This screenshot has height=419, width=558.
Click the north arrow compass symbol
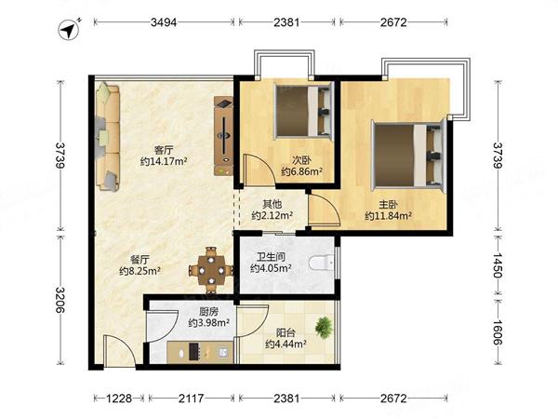(x=69, y=30)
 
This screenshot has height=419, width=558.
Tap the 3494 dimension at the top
(x=164, y=22)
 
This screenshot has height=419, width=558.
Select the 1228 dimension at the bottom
(x=119, y=398)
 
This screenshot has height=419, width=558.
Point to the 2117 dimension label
(x=191, y=398)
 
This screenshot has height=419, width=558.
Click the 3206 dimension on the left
(x=60, y=300)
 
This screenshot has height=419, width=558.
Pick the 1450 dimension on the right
(x=498, y=265)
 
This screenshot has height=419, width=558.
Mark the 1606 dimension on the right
(x=498, y=332)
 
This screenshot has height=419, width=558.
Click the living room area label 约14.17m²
(x=164, y=161)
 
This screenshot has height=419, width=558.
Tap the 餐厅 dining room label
(x=139, y=259)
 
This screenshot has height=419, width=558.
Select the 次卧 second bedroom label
(x=302, y=159)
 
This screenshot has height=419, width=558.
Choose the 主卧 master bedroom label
(x=388, y=205)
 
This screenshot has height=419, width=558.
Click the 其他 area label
(x=272, y=204)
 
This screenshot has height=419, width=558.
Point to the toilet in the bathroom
(x=322, y=263)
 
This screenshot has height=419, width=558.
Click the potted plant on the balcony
(x=325, y=327)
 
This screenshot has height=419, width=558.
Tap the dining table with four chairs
(x=211, y=271)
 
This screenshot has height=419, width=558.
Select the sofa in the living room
(x=108, y=137)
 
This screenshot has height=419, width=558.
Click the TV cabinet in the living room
(x=223, y=136)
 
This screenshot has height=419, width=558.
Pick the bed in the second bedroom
(x=303, y=111)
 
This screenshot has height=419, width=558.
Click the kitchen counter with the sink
(x=200, y=352)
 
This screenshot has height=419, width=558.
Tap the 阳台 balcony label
(x=286, y=332)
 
